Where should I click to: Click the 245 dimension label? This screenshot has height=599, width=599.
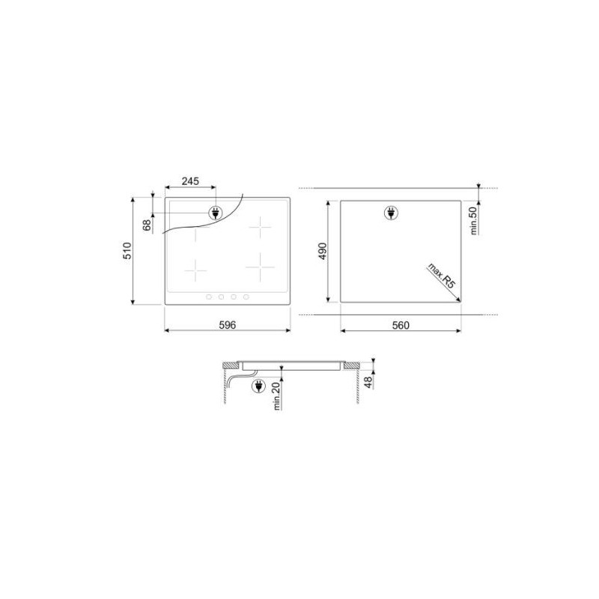[x=190, y=181]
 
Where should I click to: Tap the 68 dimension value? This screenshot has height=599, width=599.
[x=147, y=225]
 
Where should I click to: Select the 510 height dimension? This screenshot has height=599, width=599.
[x=127, y=251]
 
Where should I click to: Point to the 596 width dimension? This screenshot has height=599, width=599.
[x=228, y=325]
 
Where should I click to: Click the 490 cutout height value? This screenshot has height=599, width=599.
[x=323, y=251]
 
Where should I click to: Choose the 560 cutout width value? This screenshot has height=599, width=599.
[x=401, y=325]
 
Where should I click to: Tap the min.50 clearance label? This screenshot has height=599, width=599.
[x=474, y=220]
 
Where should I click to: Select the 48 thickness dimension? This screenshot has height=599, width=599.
[x=368, y=382]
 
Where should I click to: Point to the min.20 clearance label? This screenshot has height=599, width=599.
[x=277, y=396]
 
